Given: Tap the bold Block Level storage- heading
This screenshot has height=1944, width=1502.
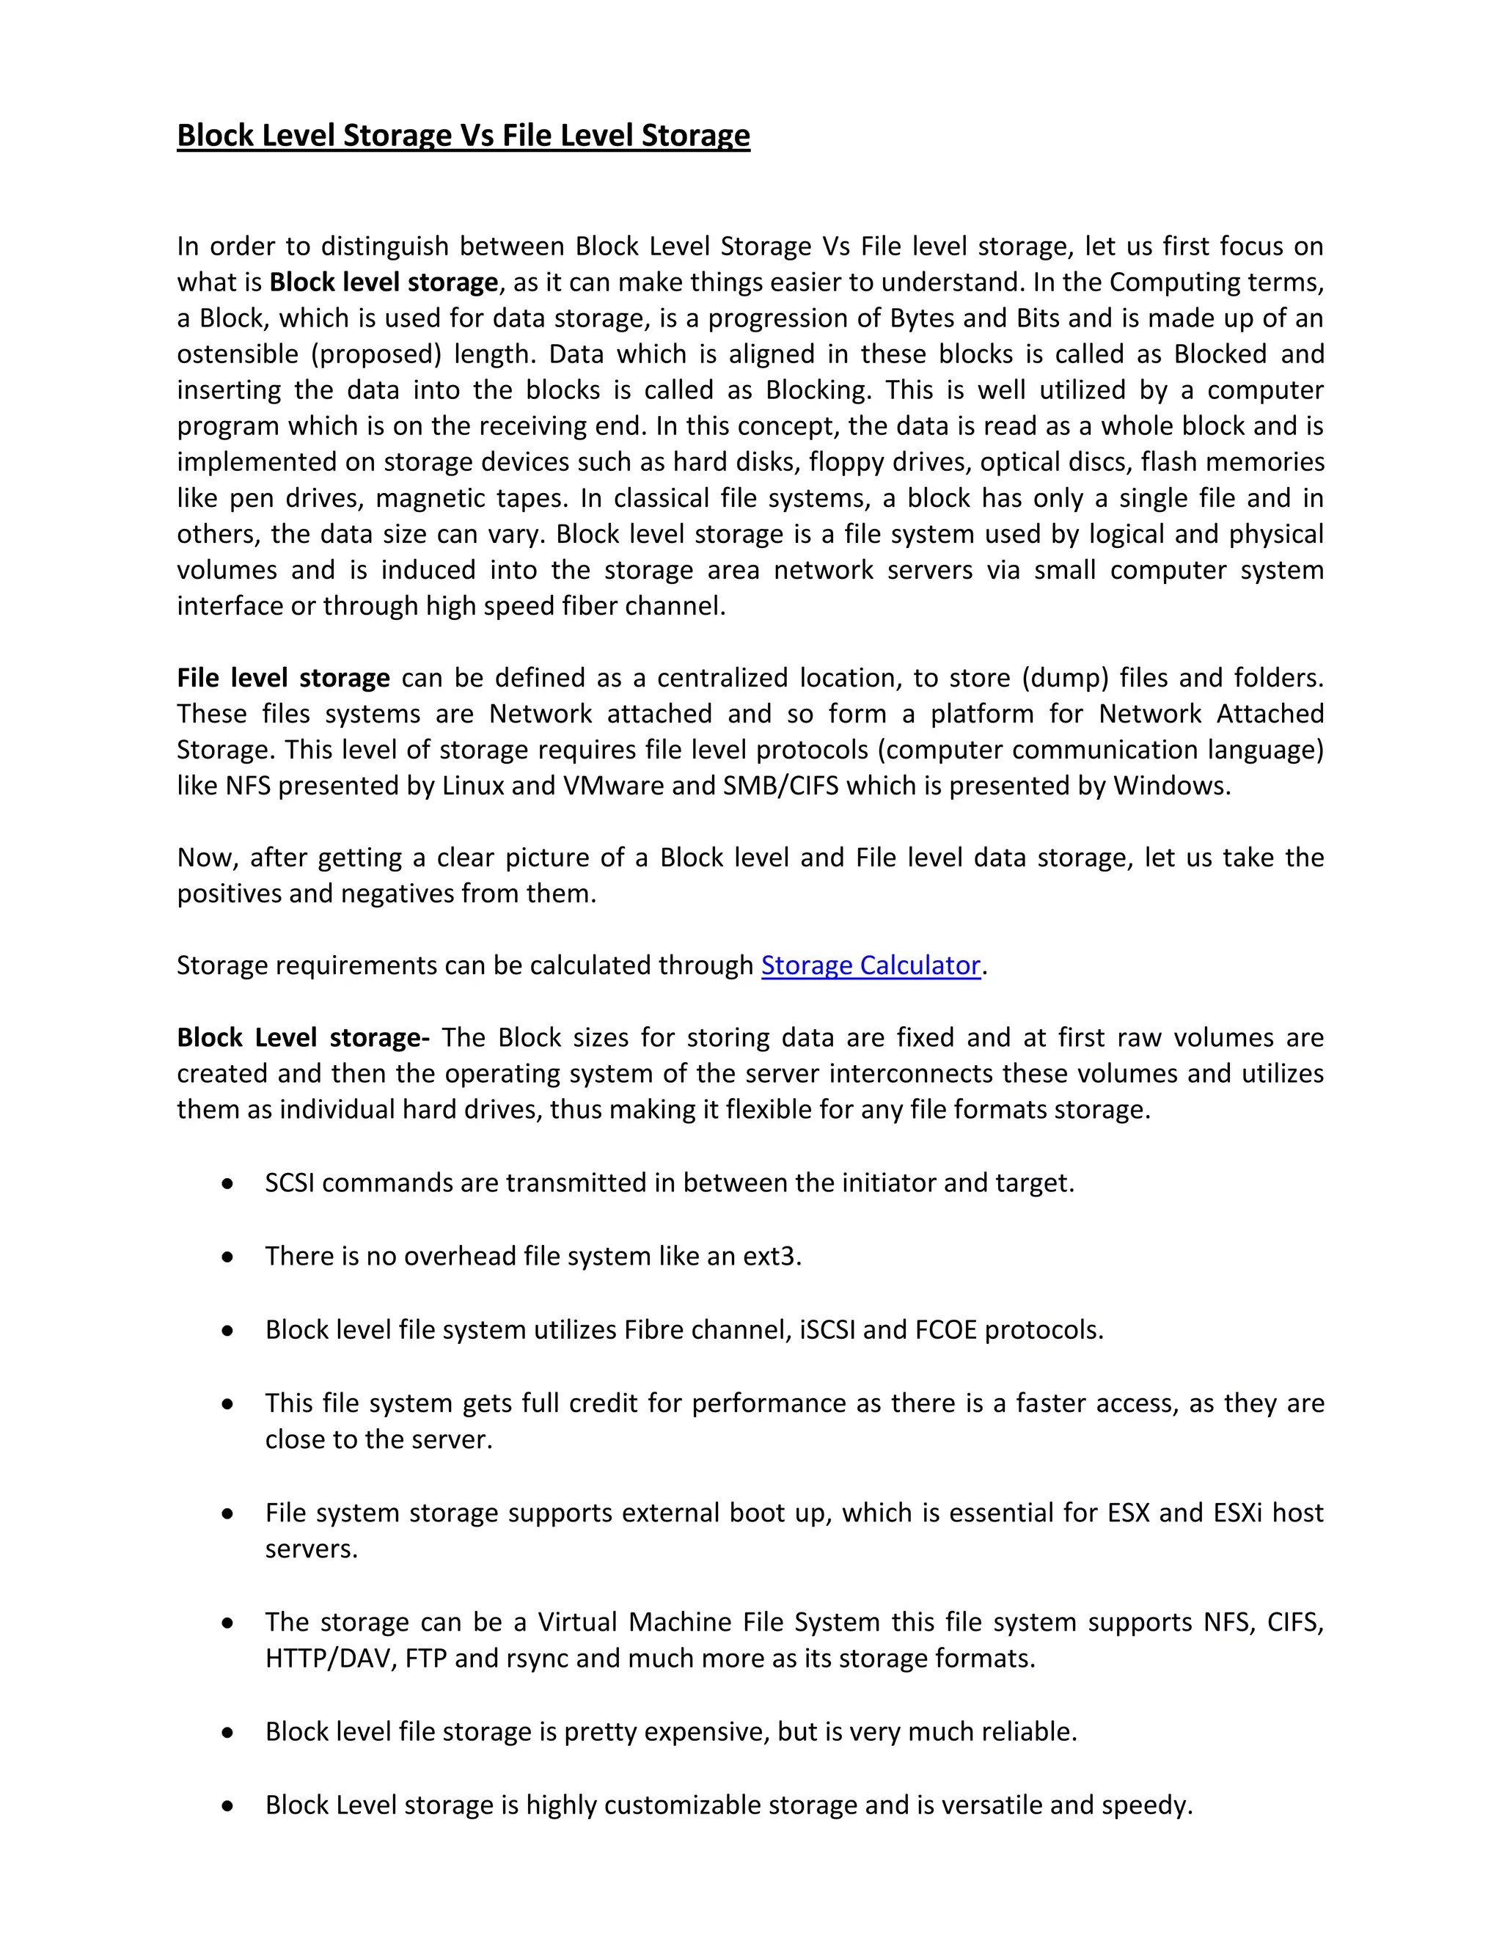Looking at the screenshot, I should click(304, 1037).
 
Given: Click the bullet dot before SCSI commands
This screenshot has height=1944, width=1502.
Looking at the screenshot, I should click(229, 1184).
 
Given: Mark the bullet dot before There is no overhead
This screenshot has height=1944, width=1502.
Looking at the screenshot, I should click(229, 1257).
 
